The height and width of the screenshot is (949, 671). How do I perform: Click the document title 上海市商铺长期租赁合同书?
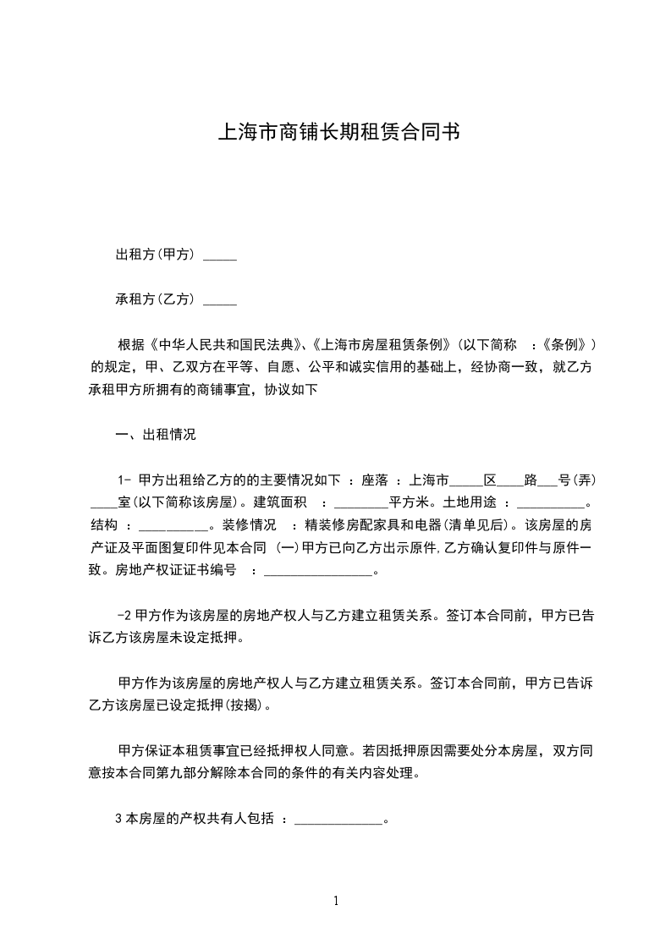338,132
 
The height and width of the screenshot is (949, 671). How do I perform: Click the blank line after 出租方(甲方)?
220,255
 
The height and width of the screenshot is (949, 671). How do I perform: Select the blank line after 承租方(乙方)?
220,299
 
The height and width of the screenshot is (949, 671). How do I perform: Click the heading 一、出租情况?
156,435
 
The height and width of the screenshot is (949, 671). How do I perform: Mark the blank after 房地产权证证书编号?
318,570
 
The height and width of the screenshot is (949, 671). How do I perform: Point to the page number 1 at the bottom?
336,902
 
